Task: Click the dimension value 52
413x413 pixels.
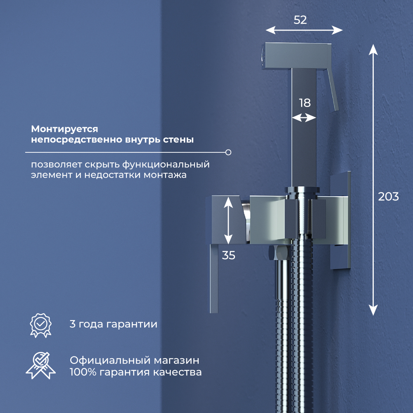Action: (300, 20)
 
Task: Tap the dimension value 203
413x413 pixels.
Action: (388, 197)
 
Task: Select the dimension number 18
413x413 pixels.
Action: (305, 103)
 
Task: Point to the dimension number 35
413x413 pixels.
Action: (228, 255)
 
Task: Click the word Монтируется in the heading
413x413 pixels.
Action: (64, 129)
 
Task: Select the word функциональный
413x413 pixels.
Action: (166, 165)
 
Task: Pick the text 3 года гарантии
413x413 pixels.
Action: (114, 324)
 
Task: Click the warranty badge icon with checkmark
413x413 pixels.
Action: (40, 325)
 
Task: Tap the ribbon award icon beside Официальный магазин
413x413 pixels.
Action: (40, 366)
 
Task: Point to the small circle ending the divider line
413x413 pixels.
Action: (228, 152)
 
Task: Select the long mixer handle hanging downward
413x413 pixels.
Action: (214, 279)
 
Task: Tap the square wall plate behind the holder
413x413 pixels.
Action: (340, 220)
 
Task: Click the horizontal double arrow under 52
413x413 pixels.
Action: (304, 30)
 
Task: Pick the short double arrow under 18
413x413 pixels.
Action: (304, 118)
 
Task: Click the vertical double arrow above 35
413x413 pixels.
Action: (228, 221)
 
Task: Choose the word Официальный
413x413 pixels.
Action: (110, 360)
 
